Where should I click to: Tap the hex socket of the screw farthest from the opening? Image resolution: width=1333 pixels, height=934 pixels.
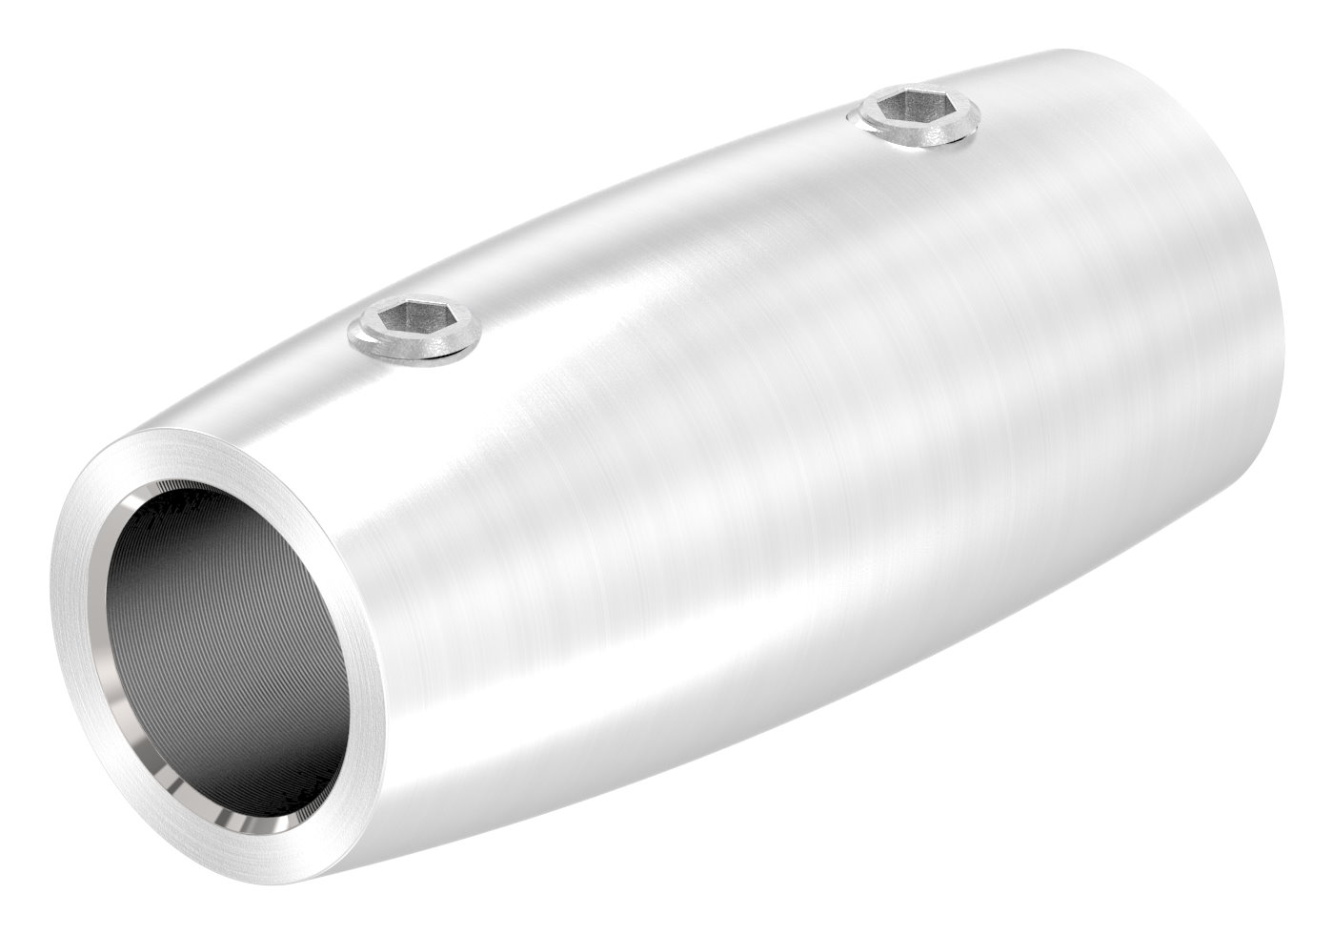[x=911, y=112]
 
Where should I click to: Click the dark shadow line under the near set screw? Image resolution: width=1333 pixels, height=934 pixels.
[x=419, y=360]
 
